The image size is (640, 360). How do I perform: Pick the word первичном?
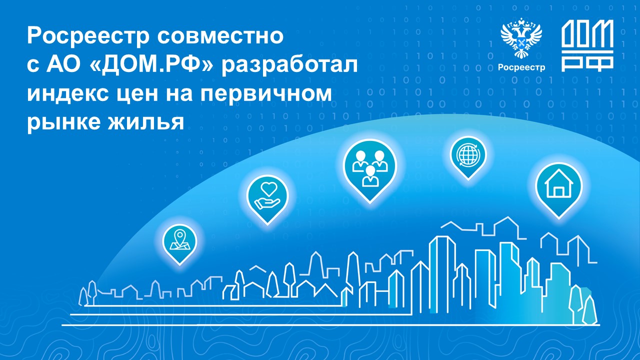266,95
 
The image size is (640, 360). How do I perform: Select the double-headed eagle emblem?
521,38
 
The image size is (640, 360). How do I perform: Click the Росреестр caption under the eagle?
521,67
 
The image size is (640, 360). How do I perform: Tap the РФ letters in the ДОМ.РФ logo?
587,63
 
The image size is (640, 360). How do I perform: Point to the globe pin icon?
468,157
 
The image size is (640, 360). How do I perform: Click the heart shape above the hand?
269,189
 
